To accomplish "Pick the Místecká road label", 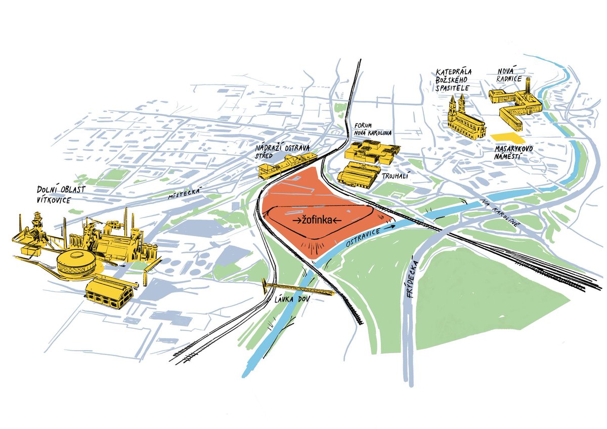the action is coord(186,194).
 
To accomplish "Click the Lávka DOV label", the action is coord(292,300).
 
